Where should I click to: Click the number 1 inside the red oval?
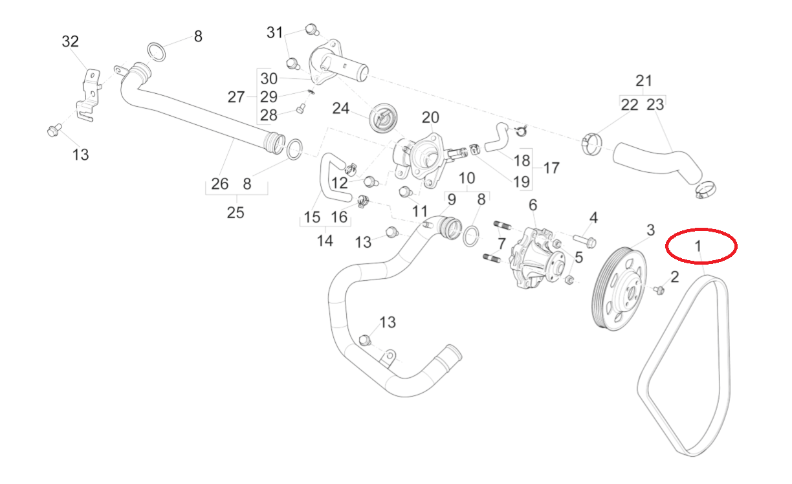[x=698, y=246]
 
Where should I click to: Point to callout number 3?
[x=650, y=230]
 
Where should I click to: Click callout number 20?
[x=430, y=118]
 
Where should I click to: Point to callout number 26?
[x=220, y=184]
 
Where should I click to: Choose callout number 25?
[x=236, y=212]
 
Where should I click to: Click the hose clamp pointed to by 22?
[x=591, y=144]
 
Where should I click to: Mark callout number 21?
[x=644, y=81]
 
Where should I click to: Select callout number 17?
[x=551, y=168]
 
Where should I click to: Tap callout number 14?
[x=325, y=241]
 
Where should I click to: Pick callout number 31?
[x=276, y=32]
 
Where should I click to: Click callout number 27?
[x=236, y=97]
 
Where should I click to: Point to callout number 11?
[x=420, y=211]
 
